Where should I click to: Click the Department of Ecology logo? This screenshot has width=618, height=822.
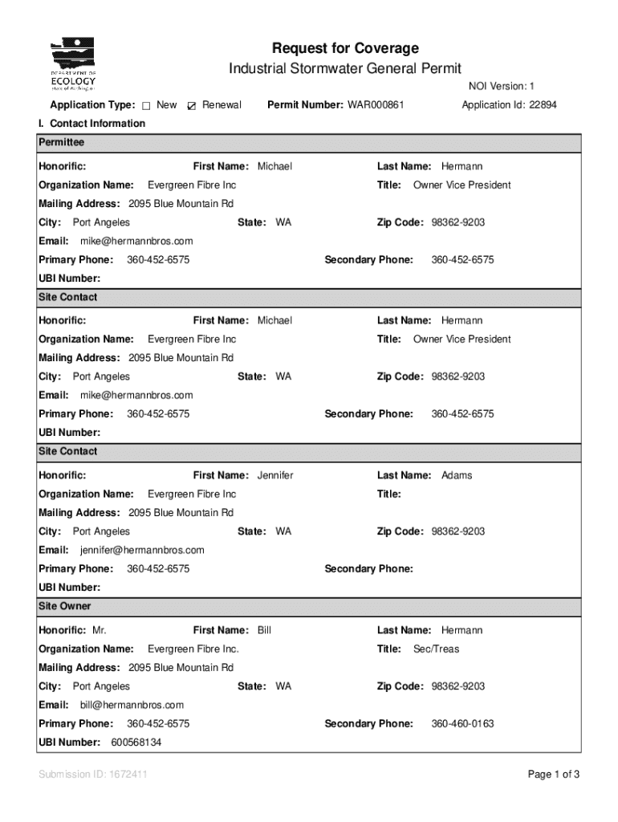[x=74, y=64]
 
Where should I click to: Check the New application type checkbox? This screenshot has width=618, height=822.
[x=146, y=106]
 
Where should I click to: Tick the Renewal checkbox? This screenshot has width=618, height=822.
[x=191, y=106]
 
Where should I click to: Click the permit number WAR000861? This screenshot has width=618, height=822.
[x=376, y=105]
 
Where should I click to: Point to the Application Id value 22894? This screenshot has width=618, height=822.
[x=543, y=105]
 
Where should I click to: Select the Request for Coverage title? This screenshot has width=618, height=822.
[x=345, y=49]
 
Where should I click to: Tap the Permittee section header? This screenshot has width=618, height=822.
[x=62, y=142]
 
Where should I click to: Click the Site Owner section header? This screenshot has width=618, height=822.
[x=65, y=606]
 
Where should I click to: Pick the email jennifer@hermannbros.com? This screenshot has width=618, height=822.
[x=142, y=550]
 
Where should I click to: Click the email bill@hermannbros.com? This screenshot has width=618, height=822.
[x=132, y=705]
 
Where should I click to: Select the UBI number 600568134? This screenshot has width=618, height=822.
[x=136, y=742]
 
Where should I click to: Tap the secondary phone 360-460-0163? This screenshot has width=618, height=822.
[x=462, y=723]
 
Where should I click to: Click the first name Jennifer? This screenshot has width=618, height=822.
[x=275, y=475]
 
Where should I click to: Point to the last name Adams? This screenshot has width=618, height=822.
[x=457, y=475]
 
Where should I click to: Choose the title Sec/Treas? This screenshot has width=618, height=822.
[x=436, y=649]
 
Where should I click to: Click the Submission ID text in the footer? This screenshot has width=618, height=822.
[x=92, y=775]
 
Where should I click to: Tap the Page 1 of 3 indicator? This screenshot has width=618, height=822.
[x=553, y=775]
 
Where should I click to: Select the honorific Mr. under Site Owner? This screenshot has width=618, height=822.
[x=100, y=630]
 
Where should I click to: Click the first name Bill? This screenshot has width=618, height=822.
[x=264, y=630]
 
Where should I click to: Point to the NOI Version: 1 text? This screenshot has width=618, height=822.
[x=502, y=87]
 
